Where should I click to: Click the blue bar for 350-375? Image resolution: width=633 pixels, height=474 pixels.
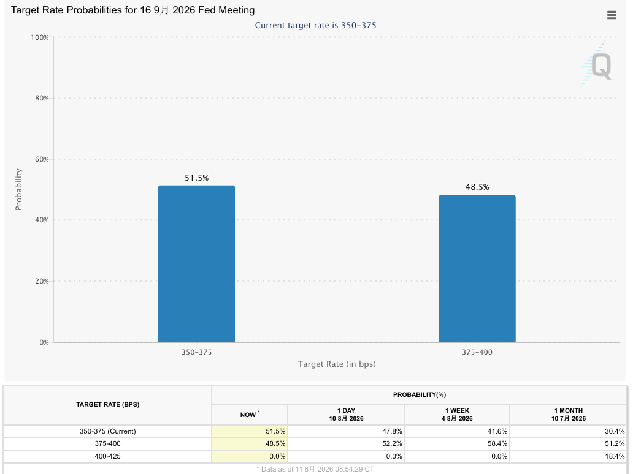click(x=196, y=264)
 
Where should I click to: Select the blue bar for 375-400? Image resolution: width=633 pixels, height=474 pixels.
click(x=477, y=269)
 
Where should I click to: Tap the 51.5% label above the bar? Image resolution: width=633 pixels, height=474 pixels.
click(x=197, y=178)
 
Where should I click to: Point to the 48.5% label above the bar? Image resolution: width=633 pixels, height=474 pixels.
click(x=477, y=187)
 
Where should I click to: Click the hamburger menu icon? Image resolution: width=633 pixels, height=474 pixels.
click(x=612, y=15)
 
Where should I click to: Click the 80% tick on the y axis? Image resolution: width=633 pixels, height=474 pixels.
click(x=42, y=98)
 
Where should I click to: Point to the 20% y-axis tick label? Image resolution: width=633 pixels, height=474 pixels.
click(x=42, y=281)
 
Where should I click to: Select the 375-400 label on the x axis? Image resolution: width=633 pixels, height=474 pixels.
click(x=477, y=352)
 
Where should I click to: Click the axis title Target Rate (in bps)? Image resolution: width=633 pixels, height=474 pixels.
click(x=337, y=364)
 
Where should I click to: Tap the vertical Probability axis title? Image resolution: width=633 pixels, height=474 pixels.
click(x=18, y=189)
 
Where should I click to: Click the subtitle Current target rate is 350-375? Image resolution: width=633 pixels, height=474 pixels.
click(x=315, y=25)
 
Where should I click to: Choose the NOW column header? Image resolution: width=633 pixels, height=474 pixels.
click(x=250, y=415)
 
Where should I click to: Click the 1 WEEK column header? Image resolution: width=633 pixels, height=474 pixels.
click(x=457, y=415)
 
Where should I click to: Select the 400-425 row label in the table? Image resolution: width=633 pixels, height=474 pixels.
click(x=107, y=456)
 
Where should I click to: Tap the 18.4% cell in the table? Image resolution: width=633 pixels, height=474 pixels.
click(x=615, y=456)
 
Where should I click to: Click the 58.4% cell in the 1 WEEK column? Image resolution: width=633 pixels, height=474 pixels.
click(x=497, y=443)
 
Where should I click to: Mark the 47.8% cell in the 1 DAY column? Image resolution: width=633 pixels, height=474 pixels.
click(x=392, y=431)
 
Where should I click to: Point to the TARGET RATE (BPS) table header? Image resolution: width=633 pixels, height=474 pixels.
click(x=108, y=404)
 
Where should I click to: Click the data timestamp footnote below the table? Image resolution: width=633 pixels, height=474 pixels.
click(x=315, y=469)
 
